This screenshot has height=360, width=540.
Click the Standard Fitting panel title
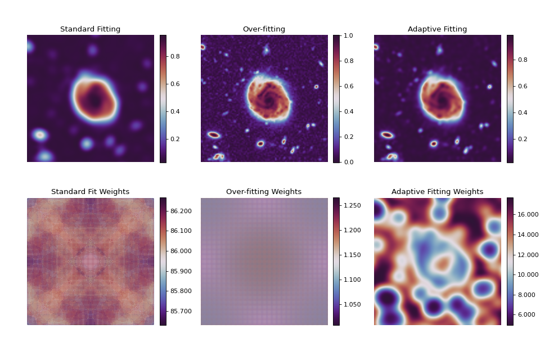click(x=90, y=29)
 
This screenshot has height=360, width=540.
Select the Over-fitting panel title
click(x=264, y=29)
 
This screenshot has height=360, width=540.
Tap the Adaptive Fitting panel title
click(x=437, y=29)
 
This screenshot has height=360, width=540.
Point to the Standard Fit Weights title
click(x=90, y=192)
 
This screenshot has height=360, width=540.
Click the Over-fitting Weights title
click(x=264, y=192)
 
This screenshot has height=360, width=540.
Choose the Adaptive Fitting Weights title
click(x=437, y=192)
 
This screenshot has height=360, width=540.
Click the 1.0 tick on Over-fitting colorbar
click(x=349, y=35)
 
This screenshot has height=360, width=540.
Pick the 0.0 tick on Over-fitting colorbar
click(x=349, y=162)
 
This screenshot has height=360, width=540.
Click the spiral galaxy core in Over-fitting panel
click(x=268, y=100)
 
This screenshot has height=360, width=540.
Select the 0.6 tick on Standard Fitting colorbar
click(x=175, y=84)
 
